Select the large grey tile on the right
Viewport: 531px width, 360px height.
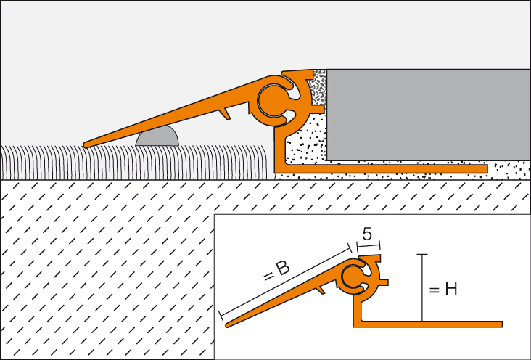pos(428,114)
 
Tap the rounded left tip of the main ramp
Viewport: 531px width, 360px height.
pos(88,144)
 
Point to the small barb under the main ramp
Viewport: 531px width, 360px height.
pos(226,112)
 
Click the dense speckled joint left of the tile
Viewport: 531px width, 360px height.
pos(318,88)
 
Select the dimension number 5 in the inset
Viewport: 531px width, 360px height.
pos(367,234)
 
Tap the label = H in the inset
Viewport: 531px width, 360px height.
pos(442,289)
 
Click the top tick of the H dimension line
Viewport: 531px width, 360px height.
pos(422,255)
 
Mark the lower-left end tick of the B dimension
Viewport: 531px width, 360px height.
pos(221,315)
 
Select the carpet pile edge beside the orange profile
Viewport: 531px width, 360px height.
pos(265,161)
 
